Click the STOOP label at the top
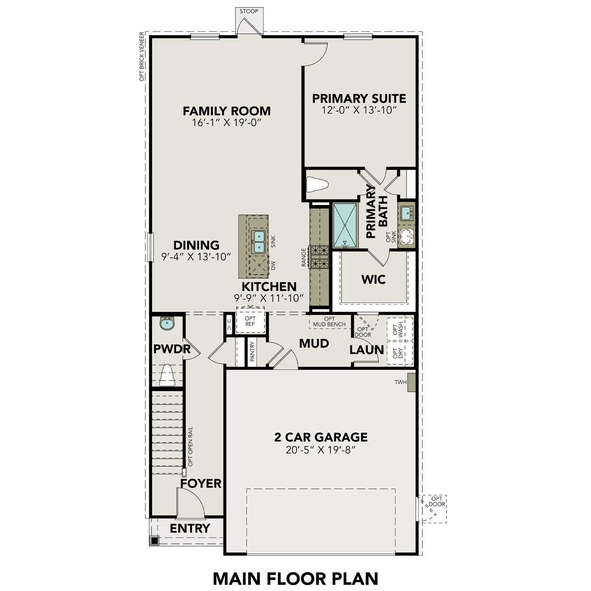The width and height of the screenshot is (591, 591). tap(249, 11)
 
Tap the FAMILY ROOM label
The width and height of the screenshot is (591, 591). tap(227, 111)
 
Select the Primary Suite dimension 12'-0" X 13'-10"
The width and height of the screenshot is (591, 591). tap(359, 110)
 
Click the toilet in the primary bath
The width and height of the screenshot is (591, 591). tap(318, 184)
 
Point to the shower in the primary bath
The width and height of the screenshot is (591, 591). tap(345, 225)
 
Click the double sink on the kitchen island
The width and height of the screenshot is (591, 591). tap(258, 242)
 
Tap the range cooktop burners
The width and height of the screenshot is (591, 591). tap(320, 257)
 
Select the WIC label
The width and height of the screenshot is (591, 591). tap(374, 279)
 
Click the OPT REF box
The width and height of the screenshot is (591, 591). tap(250, 322)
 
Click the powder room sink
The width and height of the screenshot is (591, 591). tap(167, 324)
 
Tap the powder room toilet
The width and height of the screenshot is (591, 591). tap(167, 375)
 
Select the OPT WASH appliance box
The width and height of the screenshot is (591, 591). tap(400, 329)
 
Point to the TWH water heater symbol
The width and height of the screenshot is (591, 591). tap(411, 382)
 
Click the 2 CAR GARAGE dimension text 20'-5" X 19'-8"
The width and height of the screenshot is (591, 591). tap(321, 450)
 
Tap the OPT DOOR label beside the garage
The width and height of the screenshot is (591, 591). tap(437, 501)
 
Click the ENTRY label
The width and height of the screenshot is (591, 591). tap(190, 528)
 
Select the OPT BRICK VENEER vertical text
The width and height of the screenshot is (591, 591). tap(142, 57)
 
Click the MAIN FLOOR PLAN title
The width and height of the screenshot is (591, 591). tap(295, 579)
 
